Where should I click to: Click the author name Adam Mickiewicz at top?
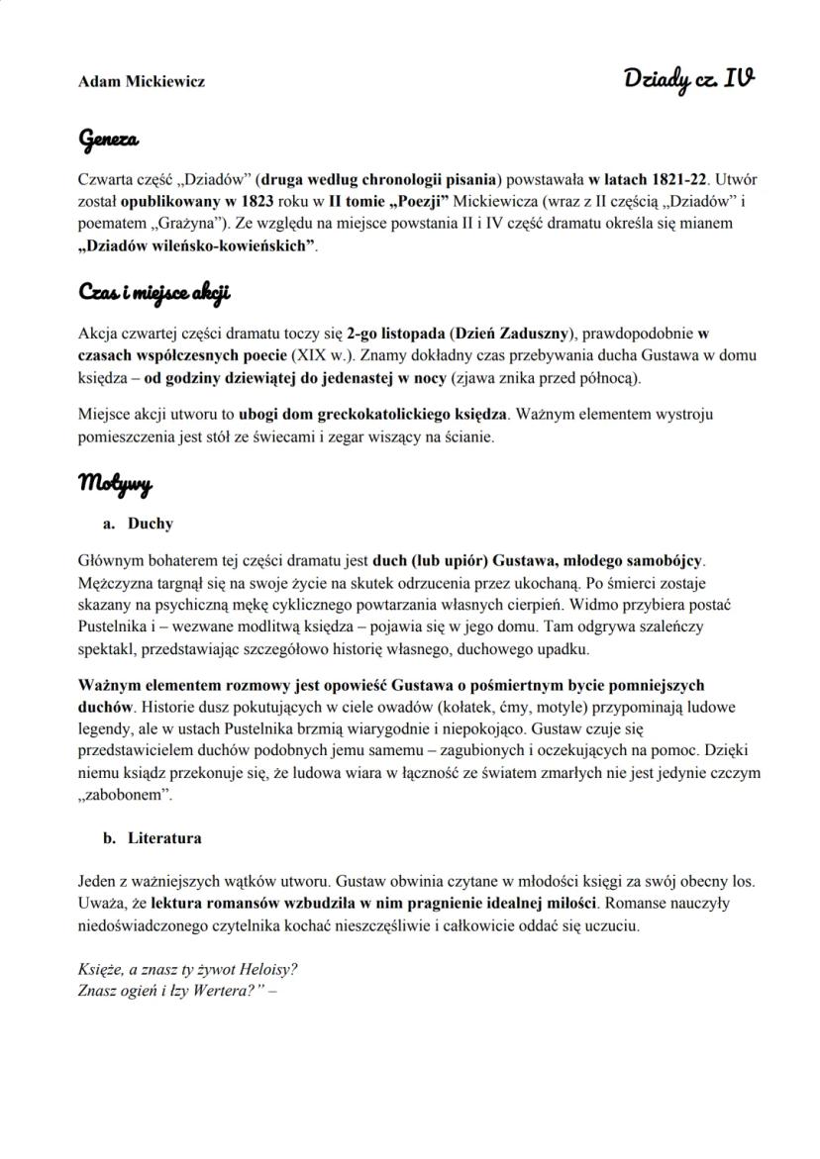point(142,81)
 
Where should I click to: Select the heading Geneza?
point(108,141)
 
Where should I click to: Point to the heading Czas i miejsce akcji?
point(154,293)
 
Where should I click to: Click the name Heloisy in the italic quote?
point(262,967)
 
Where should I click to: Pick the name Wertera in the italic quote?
point(217,988)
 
